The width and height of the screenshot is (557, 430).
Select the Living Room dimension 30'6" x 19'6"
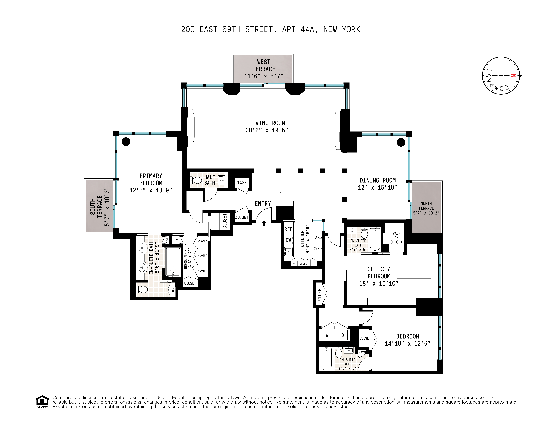click(x=267, y=130)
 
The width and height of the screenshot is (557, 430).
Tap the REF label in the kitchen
click(x=288, y=229)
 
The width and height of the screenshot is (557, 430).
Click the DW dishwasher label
click(x=288, y=240)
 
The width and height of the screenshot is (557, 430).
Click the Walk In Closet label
click(x=396, y=238)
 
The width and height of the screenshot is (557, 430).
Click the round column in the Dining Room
click(x=401, y=142)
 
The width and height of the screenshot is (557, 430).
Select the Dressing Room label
click(x=186, y=256)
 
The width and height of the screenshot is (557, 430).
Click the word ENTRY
click(x=263, y=203)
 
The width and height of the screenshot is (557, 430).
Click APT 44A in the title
click(x=300, y=30)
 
